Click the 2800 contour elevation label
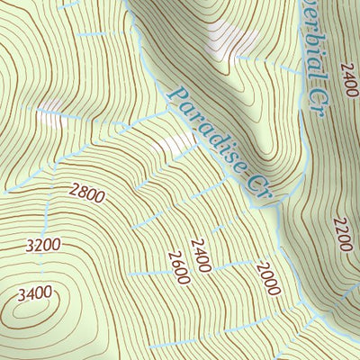coord(86,193)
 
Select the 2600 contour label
coord(178,267)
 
